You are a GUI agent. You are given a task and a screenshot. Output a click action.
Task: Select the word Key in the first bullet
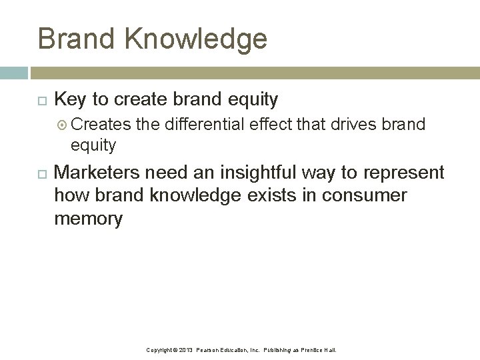(70, 100)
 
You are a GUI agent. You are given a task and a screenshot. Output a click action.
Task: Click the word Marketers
(97, 173)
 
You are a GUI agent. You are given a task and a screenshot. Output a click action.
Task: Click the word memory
(88, 219)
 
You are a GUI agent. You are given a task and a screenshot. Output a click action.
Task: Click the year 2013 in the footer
(185, 350)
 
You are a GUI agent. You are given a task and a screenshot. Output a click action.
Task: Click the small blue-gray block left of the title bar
(13, 73)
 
